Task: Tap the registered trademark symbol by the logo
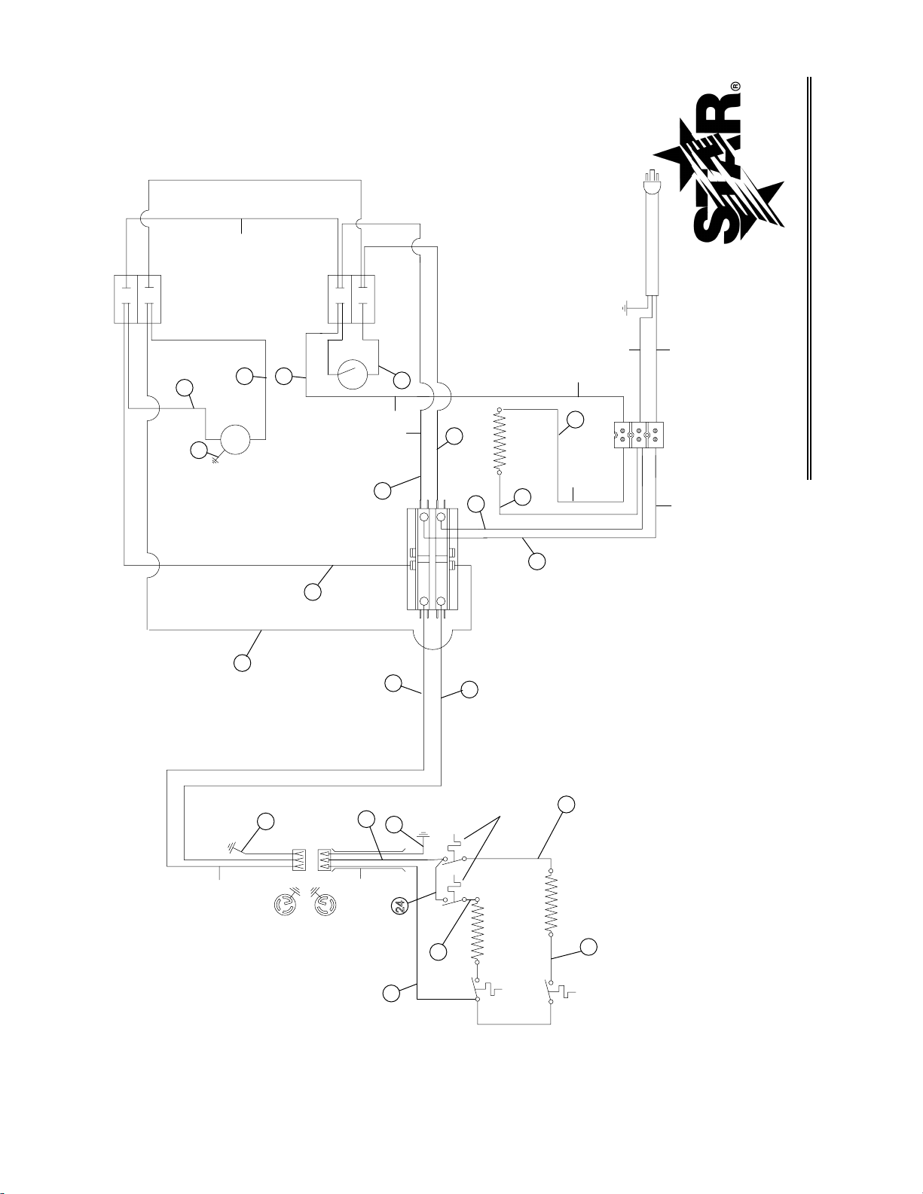[735, 87]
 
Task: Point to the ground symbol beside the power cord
[624, 307]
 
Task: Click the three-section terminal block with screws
[638, 435]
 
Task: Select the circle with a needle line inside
[352, 374]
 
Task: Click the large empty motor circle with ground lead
[235, 440]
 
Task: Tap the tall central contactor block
[432, 559]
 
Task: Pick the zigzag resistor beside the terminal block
[500, 441]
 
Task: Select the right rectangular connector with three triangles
[325, 860]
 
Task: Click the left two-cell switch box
[137, 299]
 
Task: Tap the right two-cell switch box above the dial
[351, 299]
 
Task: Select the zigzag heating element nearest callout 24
[476, 933]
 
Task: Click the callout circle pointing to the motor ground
[197, 450]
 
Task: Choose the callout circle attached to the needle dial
[402, 380]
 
